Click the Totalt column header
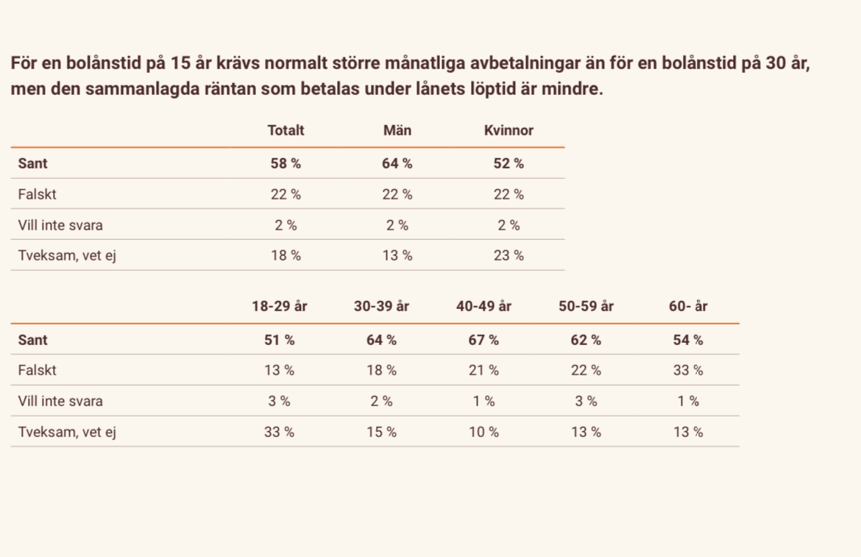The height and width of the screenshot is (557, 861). (x=286, y=130)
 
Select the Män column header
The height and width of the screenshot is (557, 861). (x=397, y=130)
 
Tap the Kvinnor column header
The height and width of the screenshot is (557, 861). (x=509, y=130)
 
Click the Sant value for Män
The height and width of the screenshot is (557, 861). (x=397, y=163)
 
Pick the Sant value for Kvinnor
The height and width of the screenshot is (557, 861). (x=509, y=163)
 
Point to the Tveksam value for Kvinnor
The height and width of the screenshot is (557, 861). (x=509, y=255)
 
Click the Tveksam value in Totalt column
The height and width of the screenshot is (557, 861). (x=286, y=255)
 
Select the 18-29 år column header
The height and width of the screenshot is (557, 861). (x=279, y=306)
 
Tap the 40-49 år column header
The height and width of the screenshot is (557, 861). (x=483, y=306)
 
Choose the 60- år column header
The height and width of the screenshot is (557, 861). (x=688, y=306)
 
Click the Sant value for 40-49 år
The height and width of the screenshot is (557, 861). (x=483, y=340)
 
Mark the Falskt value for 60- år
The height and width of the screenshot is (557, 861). (x=688, y=370)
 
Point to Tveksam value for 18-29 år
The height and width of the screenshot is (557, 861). (x=279, y=432)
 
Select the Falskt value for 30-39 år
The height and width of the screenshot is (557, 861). (x=381, y=370)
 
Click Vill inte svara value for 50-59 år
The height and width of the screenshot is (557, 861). (x=586, y=401)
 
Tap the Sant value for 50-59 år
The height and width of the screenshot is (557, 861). (x=586, y=340)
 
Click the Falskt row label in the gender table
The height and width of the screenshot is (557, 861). (x=38, y=194)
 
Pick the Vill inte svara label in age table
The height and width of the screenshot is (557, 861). (x=60, y=401)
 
